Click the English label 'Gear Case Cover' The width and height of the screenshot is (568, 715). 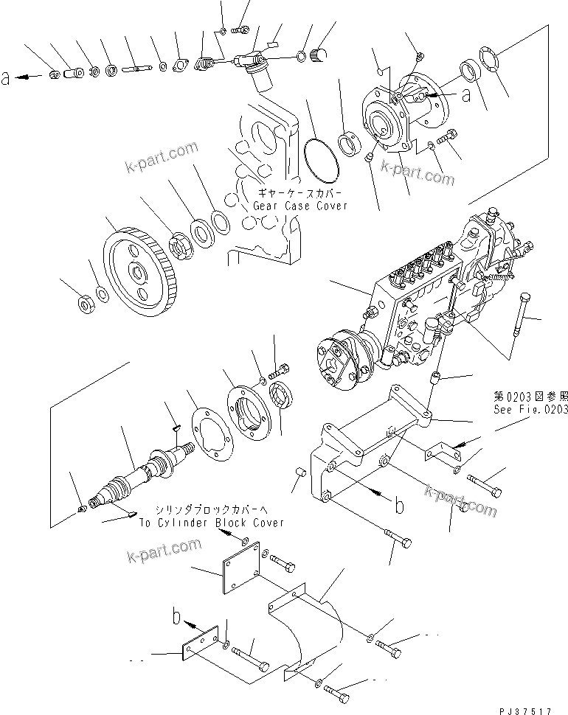click(299, 206)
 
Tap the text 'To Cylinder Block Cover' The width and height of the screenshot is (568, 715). click(211, 523)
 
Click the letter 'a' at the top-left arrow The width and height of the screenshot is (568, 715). click(7, 77)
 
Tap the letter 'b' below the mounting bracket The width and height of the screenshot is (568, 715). click(399, 506)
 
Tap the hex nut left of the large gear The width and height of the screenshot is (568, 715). click(83, 302)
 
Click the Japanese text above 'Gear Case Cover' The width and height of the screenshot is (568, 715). click(299, 193)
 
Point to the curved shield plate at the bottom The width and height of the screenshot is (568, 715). click(310, 627)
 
